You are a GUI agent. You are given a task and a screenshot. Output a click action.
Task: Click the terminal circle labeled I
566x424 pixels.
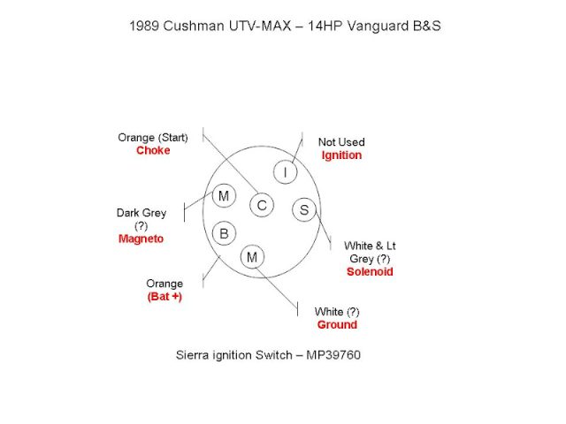pos(285,173)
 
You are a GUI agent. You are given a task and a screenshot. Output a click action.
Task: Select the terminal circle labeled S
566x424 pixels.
pos(304,209)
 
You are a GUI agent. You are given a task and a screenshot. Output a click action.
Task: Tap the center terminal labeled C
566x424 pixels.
pos(262,206)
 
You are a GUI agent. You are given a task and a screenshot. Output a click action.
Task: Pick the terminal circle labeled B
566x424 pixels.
pos(224,233)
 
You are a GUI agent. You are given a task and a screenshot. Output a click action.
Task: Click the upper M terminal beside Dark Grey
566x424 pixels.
pos(224,194)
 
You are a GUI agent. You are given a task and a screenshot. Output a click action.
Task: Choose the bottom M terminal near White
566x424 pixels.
pos(253,257)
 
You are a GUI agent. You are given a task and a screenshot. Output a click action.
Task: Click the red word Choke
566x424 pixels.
pos(153,150)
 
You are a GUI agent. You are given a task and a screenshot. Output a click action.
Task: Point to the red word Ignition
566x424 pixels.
pos(341,155)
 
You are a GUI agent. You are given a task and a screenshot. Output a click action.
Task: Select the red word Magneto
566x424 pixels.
pos(141,238)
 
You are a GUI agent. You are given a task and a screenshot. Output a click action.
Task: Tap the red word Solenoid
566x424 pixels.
pos(370,271)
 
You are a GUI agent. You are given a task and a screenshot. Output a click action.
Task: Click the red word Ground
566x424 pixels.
pos(337,324)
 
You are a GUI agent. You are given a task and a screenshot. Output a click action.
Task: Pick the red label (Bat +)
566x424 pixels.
pos(164,296)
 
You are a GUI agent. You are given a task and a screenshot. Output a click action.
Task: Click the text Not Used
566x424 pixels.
pos(341,141)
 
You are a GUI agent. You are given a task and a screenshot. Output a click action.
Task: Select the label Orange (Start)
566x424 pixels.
pos(153,137)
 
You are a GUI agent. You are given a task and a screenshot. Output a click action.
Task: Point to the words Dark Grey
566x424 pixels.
pos(141,213)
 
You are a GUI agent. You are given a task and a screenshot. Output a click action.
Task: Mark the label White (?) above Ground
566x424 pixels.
pos(337,311)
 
